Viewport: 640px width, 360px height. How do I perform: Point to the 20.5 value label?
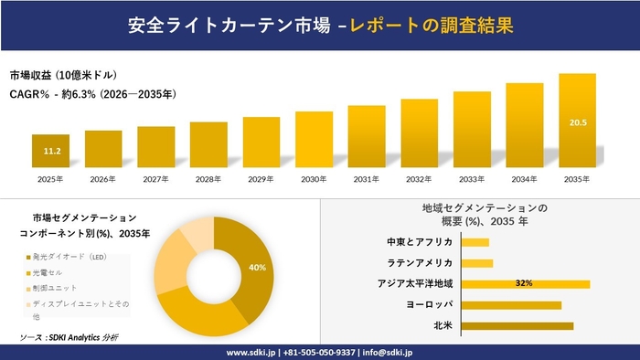pyautogui.click(x=577, y=122)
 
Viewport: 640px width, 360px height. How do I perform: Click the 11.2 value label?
pyautogui.click(x=51, y=151)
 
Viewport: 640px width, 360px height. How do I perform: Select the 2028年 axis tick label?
pyautogui.click(x=208, y=179)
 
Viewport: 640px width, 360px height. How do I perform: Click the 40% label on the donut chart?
pyautogui.click(x=257, y=268)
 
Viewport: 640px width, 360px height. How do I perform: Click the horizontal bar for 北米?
pyautogui.click(x=517, y=325)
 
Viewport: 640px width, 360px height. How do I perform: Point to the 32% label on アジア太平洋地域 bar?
pyautogui.click(x=524, y=283)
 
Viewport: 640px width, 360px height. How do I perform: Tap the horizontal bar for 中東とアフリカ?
pyautogui.click(x=475, y=242)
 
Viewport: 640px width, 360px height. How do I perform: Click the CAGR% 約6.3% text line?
pyautogui.click(x=92, y=93)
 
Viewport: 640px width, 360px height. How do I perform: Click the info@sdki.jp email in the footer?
pyautogui.click(x=388, y=351)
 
